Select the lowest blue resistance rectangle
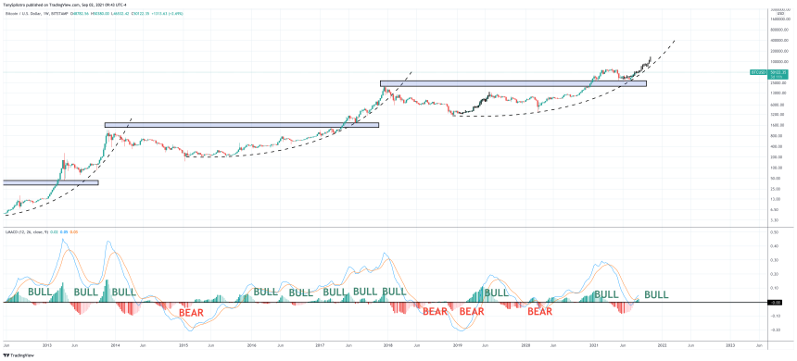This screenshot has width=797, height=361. (x=51, y=182)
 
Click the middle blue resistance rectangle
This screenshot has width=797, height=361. (x=241, y=124)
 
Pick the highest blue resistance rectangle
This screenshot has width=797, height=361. (x=512, y=83)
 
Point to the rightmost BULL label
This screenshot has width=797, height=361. (x=656, y=294)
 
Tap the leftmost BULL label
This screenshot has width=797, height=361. (x=40, y=293)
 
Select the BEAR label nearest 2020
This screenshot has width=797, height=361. (x=540, y=312)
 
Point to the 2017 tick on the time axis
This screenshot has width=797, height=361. (x=320, y=344)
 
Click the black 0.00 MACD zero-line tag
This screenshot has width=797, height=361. (x=776, y=303)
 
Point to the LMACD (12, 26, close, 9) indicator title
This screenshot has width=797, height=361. (x=28, y=230)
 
